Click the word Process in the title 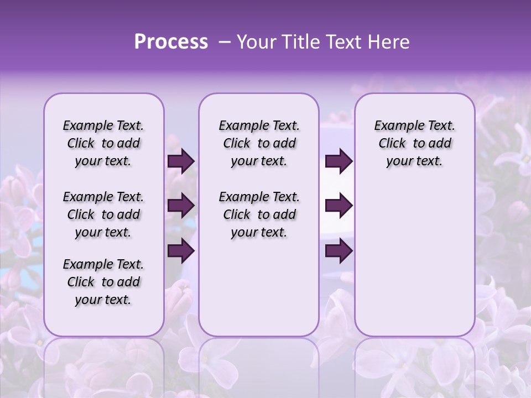coord(171,42)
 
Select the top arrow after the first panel coord(181,161)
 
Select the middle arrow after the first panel coord(181,206)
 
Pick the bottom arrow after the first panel coord(181,251)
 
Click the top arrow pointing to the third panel coord(339,161)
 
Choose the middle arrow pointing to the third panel coord(339,206)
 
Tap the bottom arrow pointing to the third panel coord(339,251)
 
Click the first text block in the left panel coord(103,143)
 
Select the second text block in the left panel coord(103,214)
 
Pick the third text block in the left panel coord(103,282)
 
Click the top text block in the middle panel coord(259,143)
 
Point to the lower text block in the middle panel coord(259,214)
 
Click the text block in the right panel coord(414,143)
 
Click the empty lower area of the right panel coord(414,260)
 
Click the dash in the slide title coord(225,42)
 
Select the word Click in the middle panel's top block coord(237,144)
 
